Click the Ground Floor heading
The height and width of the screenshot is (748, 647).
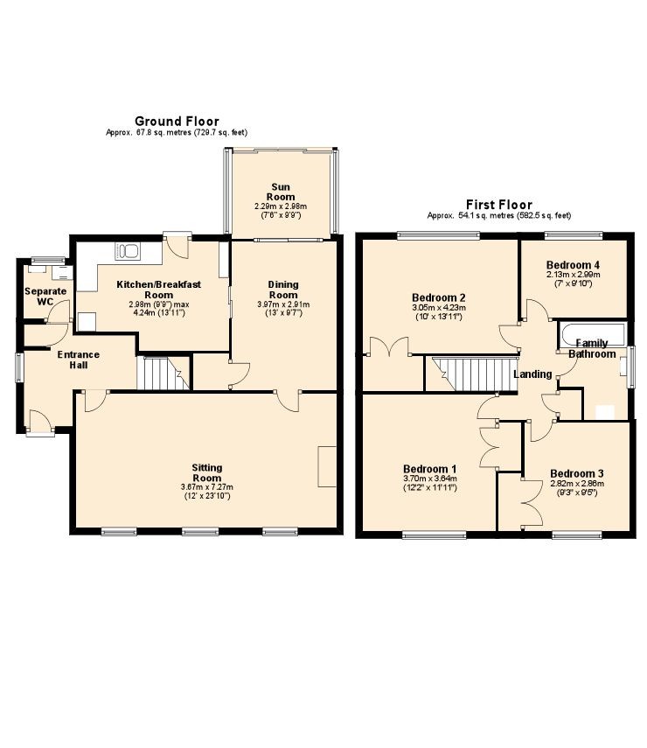click(177, 122)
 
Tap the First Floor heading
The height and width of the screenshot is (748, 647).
click(498, 205)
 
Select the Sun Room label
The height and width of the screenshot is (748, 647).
click(281, 192)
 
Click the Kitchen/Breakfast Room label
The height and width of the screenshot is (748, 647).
click(159, 290)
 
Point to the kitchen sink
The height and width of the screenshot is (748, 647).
click(128, 251)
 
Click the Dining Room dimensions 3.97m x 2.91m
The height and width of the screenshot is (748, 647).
click(283, 304)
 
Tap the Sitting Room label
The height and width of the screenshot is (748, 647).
click(207, 472)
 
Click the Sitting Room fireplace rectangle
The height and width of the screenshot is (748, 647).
click(327, 466)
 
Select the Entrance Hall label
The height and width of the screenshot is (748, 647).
click(78, 360)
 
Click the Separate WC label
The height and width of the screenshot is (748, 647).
click(45, 297)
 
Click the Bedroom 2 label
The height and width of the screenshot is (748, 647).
click(439, 297)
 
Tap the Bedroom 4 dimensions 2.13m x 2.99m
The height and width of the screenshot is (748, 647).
click(573, 275)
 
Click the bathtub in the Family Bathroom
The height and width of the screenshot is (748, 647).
click(591, 334)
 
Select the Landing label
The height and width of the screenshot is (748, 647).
click(532, 374)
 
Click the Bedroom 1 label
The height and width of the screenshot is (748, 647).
click(430, 468)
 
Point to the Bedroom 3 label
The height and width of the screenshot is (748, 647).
click(577, 473)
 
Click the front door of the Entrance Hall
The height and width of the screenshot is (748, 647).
click(40, 423)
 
